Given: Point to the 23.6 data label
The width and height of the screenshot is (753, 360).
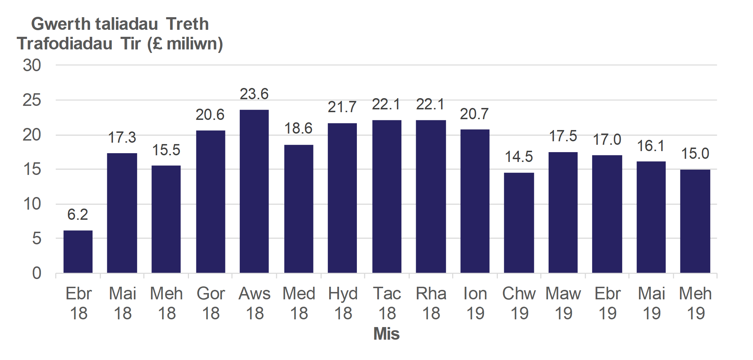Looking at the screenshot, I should click(254, 94).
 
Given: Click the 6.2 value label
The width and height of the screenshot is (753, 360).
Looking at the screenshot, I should click(77, 215).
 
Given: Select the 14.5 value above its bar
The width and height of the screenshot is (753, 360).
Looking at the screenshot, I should click(519, 157).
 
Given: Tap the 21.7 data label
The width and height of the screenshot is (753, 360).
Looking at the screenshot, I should click(342, 107).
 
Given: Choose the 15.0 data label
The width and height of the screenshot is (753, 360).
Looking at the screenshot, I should click(695, 154).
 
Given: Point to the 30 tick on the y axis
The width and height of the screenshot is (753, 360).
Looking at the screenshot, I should click(32, 66).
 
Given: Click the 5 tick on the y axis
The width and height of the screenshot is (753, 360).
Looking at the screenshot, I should click(36, 239).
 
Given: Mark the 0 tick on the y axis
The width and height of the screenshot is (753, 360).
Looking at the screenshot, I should click(36, 273).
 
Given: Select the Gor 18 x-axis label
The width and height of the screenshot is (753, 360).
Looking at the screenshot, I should click(211, 303).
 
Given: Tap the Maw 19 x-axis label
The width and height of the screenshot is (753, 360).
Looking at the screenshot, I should click(563, 303).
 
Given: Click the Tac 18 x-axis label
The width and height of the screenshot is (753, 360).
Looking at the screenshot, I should click(387, 303).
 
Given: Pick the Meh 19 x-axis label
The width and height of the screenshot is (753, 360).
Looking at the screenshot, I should click(696, 303).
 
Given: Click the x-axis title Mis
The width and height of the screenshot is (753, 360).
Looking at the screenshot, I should click(386, 334).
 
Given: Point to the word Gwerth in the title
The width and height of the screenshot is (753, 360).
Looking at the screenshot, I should click(61, 24).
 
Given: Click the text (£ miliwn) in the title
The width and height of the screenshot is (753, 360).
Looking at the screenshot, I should click(185, 44).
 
